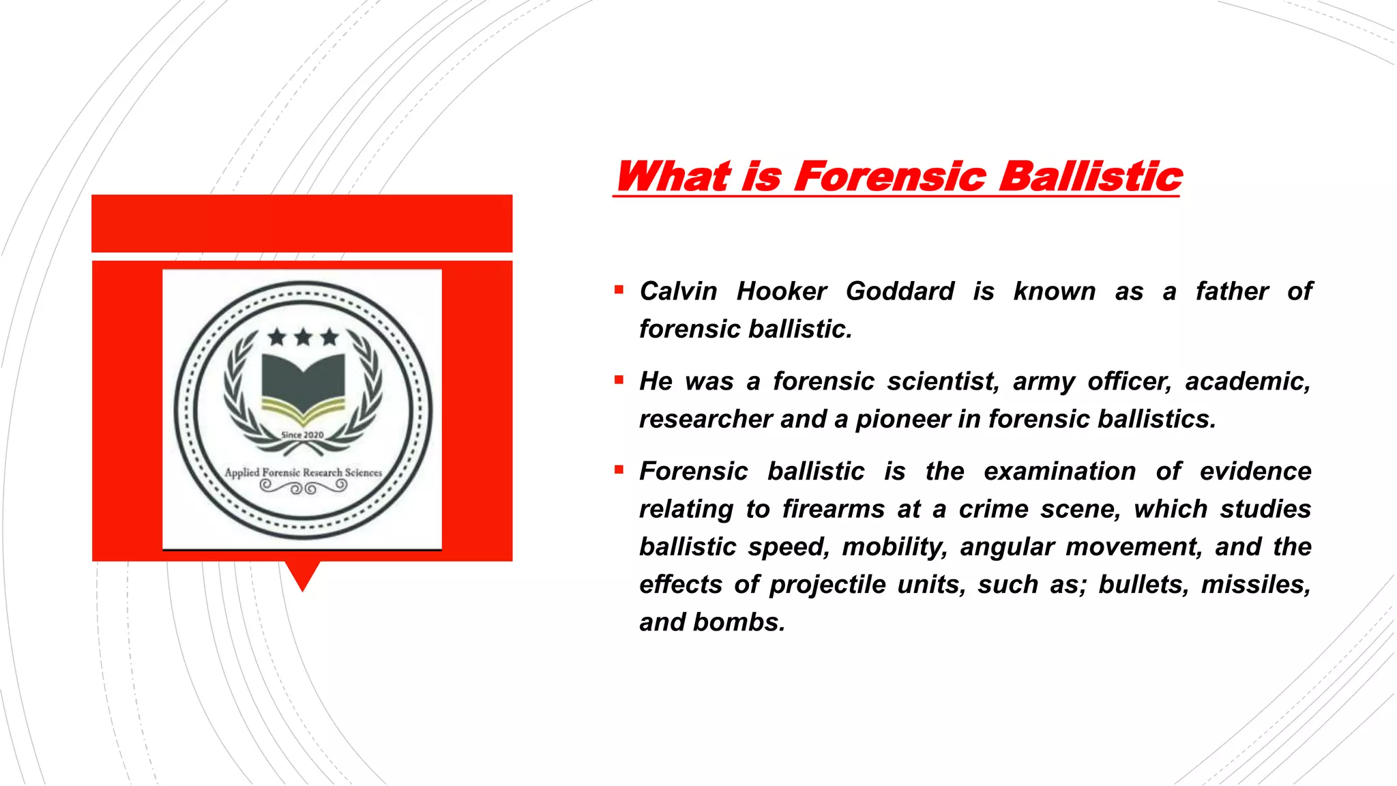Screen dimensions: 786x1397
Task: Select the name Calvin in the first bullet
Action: coord(678,291)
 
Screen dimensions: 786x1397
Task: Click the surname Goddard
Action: coord(900,291)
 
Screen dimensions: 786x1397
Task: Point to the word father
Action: coord(1231,291)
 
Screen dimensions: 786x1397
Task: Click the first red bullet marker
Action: coord(619,290)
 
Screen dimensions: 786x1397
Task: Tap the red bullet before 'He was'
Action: coord(619,380)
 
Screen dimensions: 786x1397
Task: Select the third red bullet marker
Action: coord(619,470)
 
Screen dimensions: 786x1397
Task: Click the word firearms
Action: coord(833,509)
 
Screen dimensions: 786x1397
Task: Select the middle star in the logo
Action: coord(303,337)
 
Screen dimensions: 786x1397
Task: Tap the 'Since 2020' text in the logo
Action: coord(302,435)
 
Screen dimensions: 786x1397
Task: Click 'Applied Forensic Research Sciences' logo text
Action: coord(303,472)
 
